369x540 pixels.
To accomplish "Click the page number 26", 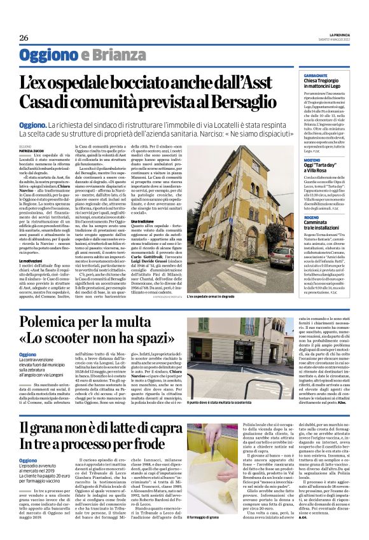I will point(24,38).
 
